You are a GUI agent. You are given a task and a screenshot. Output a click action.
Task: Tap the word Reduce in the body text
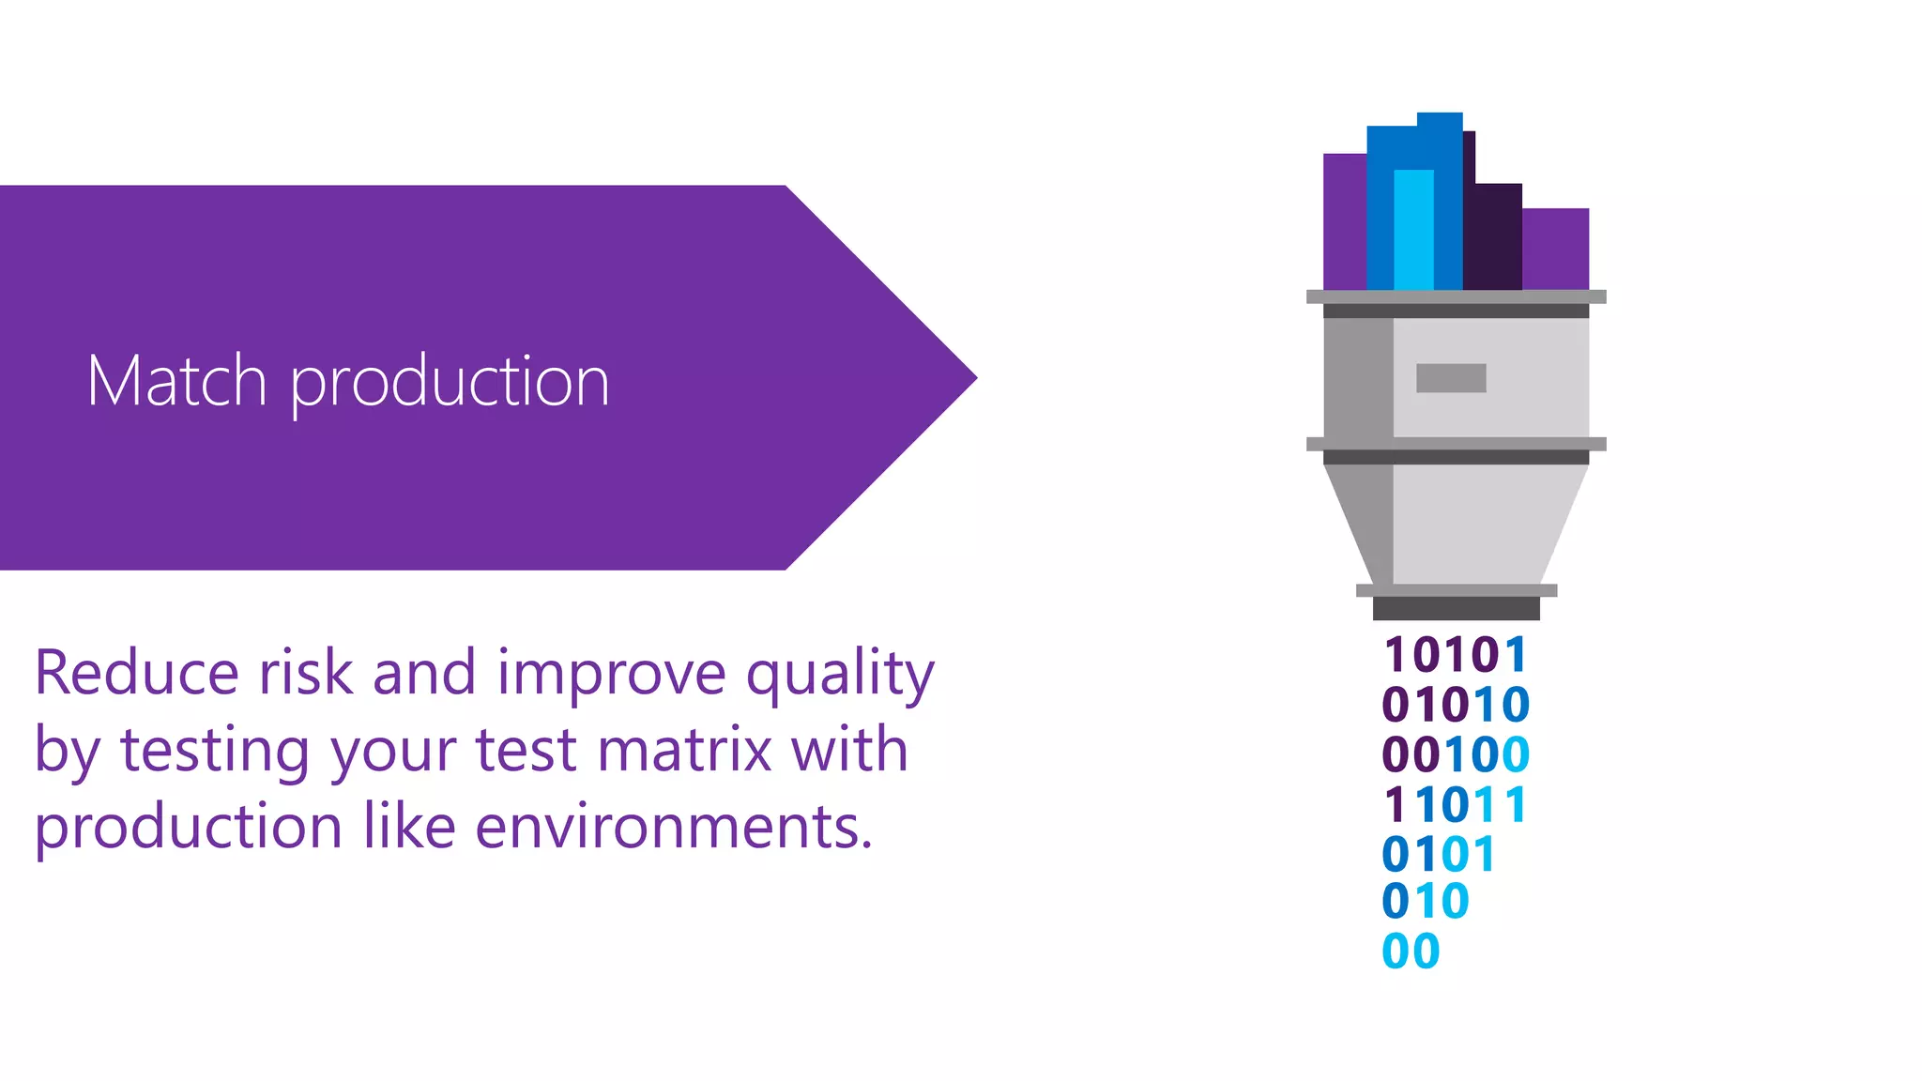click(x=137, y=673)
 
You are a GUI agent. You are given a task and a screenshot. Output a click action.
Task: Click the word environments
click(x=674, y=827)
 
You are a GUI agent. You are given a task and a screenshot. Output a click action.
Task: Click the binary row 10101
click(x=1455, y=655)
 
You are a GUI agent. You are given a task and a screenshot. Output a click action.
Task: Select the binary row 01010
click(x=1456, y=705)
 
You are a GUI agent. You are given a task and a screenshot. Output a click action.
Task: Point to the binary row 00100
click(x=1456, y=754)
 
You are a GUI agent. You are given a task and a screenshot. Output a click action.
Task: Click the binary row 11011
click(x=1456, y=805)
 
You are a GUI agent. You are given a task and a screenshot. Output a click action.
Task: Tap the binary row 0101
click(x=1438, y=855)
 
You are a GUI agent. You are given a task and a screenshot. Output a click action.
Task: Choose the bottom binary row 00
click(x=1411, y=952)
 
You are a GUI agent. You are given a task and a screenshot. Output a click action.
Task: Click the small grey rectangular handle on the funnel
click(x=1451, y=378)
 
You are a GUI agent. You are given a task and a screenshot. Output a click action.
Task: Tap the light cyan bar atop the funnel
click(x=1413, y=230)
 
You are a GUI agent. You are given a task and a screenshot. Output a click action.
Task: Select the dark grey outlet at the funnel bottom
click(x=1456, y=609)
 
